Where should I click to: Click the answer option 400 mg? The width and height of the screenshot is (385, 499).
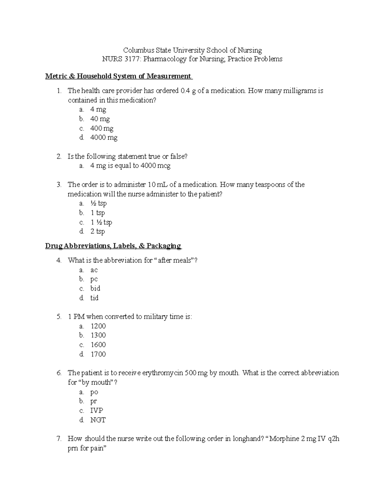102,129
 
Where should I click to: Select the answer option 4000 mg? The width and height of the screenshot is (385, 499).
104,138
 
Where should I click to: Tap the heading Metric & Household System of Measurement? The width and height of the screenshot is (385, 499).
118,76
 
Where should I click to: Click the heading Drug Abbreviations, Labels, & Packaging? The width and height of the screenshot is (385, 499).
113,246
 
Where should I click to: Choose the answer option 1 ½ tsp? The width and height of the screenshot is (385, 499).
101,222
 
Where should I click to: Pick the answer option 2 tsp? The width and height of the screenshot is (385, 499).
98,232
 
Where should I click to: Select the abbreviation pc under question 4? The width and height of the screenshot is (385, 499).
94,279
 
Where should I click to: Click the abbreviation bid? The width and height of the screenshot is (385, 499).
95,289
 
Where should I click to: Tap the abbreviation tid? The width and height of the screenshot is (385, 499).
94,298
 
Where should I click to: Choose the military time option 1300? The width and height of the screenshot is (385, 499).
98,335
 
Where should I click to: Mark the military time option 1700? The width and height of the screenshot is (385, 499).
98,354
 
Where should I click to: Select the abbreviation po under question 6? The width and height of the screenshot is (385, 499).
94,392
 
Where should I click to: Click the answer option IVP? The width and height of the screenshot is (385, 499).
97,411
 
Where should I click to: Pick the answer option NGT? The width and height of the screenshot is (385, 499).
98,420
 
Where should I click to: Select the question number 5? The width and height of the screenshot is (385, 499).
59,317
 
